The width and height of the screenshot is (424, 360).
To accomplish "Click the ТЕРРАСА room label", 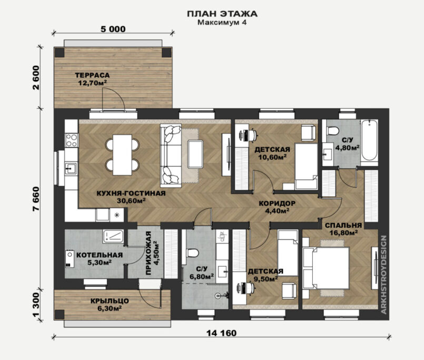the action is click(92, 75).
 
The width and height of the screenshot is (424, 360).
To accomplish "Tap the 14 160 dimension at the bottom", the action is click(221, 333).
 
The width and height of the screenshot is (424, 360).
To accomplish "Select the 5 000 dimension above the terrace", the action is click(113, 29).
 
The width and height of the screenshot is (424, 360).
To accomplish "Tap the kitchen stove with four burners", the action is click(72, 140).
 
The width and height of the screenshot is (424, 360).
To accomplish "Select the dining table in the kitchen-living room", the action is click(122, 155).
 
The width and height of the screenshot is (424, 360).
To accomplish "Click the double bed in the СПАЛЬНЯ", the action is click(327, 268).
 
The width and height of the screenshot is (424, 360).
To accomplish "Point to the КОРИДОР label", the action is click(277, 203).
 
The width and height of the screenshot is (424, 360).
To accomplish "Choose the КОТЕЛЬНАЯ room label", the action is click(100, 255).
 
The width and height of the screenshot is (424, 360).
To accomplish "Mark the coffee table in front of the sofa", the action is click(195, 154).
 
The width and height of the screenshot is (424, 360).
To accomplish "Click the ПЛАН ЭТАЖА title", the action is click(222, 14).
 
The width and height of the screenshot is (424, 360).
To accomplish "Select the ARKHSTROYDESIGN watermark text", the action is click(384, 275).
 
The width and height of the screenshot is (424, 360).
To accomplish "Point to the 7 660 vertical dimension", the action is click(36, 199).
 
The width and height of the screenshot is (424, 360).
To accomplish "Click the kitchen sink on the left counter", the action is click(71, 169).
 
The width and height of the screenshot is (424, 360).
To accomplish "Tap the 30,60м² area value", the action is click(131, 201).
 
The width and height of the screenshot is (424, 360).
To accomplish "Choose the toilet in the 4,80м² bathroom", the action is click(333, 131).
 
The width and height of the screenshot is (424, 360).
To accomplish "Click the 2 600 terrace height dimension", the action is click(36, 77).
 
